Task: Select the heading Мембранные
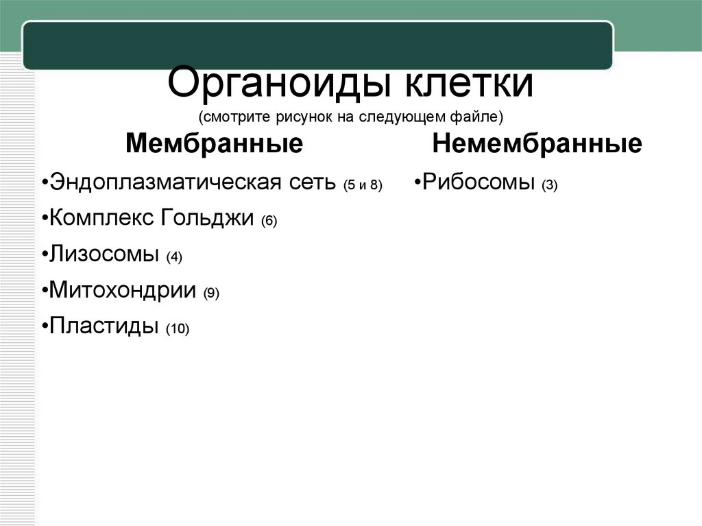(215, 144)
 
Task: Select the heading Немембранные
(537, 144)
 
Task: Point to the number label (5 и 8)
(363, 185)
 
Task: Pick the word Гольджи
(208, 219)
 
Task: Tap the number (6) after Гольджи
(268, 222)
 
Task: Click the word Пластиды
(104, 326)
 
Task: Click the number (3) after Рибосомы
(550, 185)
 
